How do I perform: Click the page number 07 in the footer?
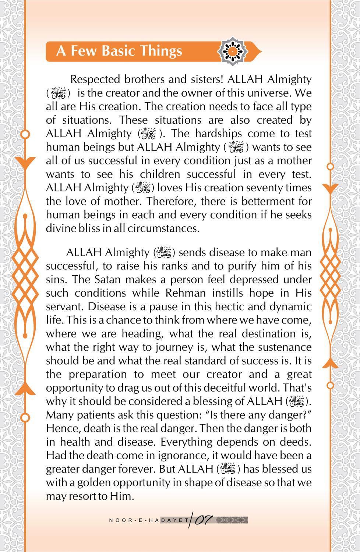tap(203, 520)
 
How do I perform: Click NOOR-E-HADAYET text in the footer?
tap(149, 520)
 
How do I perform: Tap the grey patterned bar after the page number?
tap(231, 520)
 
